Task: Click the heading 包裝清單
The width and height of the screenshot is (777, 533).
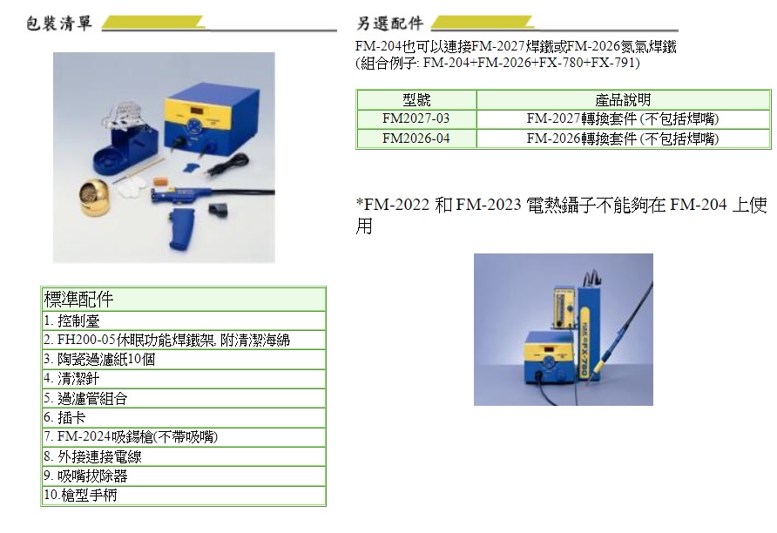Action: point(59,24)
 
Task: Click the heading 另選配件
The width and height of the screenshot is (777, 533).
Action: point(390,24)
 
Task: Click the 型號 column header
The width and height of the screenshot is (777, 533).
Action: point(416,100)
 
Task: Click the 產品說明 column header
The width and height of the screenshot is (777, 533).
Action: point(623,100)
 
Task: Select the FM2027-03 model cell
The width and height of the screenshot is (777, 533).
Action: point(416,119)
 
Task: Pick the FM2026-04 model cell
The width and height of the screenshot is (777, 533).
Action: point(416,138)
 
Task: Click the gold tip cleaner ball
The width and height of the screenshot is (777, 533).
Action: point(95,197)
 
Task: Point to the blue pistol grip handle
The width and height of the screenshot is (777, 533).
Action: point(181,228)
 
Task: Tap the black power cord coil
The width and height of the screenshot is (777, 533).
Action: point(229,164)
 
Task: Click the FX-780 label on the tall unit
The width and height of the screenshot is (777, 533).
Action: point(584,341)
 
